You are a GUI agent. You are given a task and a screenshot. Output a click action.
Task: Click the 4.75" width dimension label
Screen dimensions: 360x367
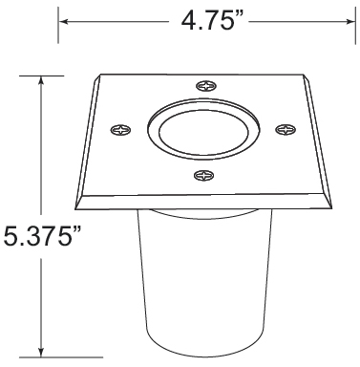(213, 21)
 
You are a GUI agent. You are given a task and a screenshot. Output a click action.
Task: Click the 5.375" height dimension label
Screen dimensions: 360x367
(42, 235)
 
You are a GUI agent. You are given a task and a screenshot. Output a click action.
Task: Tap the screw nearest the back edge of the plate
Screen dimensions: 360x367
(206, 86)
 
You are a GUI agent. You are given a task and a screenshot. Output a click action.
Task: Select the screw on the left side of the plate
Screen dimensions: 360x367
(120, 130)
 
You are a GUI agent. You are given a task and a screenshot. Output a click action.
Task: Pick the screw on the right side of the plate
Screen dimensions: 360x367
(286, 130)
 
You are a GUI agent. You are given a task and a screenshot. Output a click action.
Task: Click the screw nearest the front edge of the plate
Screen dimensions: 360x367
(203, 175)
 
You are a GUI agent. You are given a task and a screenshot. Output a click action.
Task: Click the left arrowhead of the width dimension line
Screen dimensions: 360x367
(64, 22)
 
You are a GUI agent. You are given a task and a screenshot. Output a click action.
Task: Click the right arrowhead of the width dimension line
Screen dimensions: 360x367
(350, 22)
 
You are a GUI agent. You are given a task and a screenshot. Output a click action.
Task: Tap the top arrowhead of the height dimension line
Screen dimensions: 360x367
(41, 81)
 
